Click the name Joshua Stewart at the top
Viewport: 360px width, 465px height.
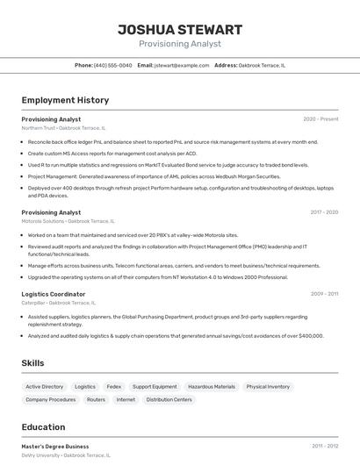tap(180, 30)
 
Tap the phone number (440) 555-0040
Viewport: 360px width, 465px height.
tap(112, 65)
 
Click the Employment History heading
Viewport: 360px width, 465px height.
tap(65, 100)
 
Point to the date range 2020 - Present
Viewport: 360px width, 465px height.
tap(320, 119)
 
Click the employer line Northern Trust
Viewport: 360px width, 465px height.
tap(63, 128)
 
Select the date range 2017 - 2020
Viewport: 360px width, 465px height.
tap(324, 212)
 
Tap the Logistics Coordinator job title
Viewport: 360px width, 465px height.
tap(54, 294)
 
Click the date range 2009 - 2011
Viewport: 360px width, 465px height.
tap(324, 294)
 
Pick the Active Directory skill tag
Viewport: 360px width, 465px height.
tap(45, 386)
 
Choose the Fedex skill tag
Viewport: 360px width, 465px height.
tap(114, 386)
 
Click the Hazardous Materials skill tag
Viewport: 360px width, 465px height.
tap(212, 386)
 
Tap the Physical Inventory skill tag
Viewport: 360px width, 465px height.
tap(268, 386)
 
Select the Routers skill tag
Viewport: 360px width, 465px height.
tap(96, 399)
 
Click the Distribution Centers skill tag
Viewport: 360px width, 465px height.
tap(169, 399)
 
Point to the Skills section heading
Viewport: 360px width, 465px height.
tap(33, 362)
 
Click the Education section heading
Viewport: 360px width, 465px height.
tap(43, 427)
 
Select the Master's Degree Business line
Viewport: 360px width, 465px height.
tap(55, 447)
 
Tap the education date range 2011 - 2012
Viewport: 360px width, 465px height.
tap(324, 447)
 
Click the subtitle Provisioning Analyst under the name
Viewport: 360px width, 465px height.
tap(180, 44)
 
